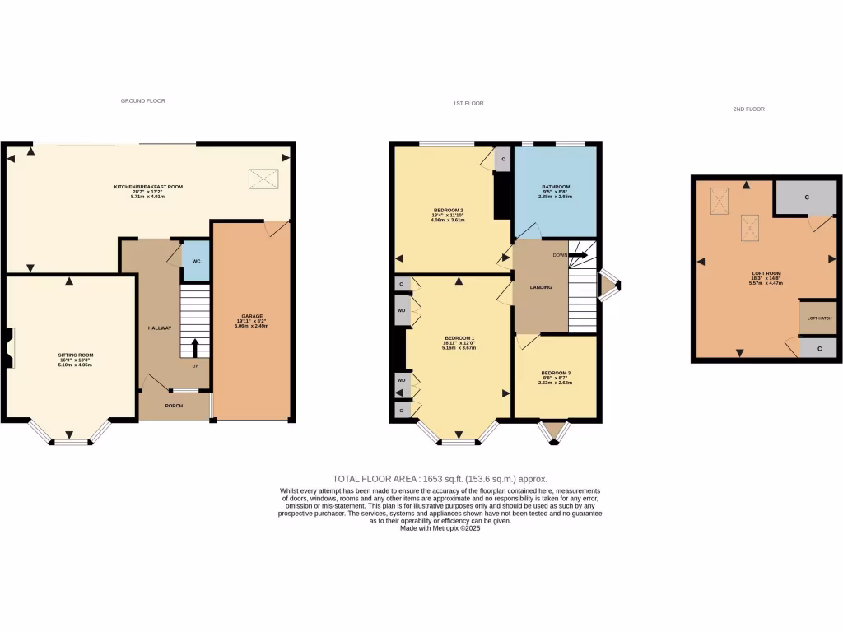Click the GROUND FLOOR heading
[143, 101]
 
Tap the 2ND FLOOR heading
[748, 109]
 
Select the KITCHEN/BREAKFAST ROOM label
[148, 188]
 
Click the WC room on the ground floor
[196, 261]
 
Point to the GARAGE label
[252, 316]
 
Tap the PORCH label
[174, 406]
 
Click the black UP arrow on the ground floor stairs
[195, 346]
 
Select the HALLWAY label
[160, 328]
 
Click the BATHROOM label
[556, 188]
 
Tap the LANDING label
[541, 287]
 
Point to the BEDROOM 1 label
[459, 338]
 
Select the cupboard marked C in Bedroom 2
[503, 158]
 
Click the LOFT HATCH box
[817, 318]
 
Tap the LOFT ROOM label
[766, 273]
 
